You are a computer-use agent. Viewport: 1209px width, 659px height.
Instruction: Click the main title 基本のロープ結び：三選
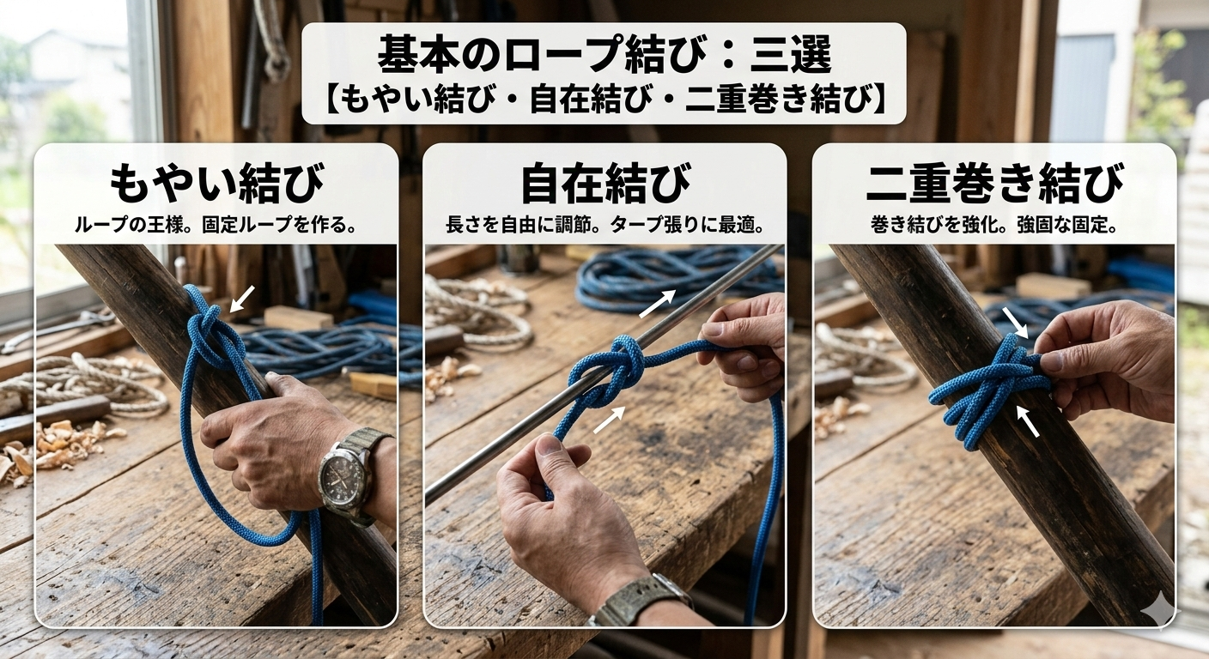604,54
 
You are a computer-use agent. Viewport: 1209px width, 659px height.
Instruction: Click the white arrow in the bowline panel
242,299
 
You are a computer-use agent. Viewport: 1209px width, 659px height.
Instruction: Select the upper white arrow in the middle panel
657,304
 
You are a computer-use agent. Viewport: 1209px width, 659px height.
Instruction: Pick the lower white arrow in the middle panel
610,420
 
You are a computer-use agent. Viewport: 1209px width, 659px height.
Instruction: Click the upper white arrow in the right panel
1015,323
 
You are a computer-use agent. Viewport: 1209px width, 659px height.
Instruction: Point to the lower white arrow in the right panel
1028,420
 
